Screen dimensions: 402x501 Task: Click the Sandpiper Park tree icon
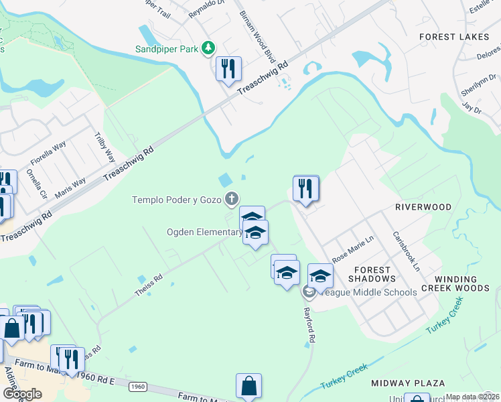coord(210,48)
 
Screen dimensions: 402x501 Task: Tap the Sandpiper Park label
coord(168,49)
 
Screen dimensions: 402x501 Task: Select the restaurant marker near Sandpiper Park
coord(228,69)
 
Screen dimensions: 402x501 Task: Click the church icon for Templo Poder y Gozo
coord(232,198)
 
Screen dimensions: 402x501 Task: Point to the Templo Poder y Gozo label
coord(177,199)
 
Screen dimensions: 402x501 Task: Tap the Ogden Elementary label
coord(204,232)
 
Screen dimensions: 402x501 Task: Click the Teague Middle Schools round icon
coord(309,291)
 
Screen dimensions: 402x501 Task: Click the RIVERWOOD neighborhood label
coord(423,208)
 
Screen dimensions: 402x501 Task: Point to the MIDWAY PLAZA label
coord(408,383)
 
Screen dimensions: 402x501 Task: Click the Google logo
coord(22,394)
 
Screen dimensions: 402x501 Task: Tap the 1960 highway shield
coord(137,387)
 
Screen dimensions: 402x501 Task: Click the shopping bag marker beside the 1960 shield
coord(248,387)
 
